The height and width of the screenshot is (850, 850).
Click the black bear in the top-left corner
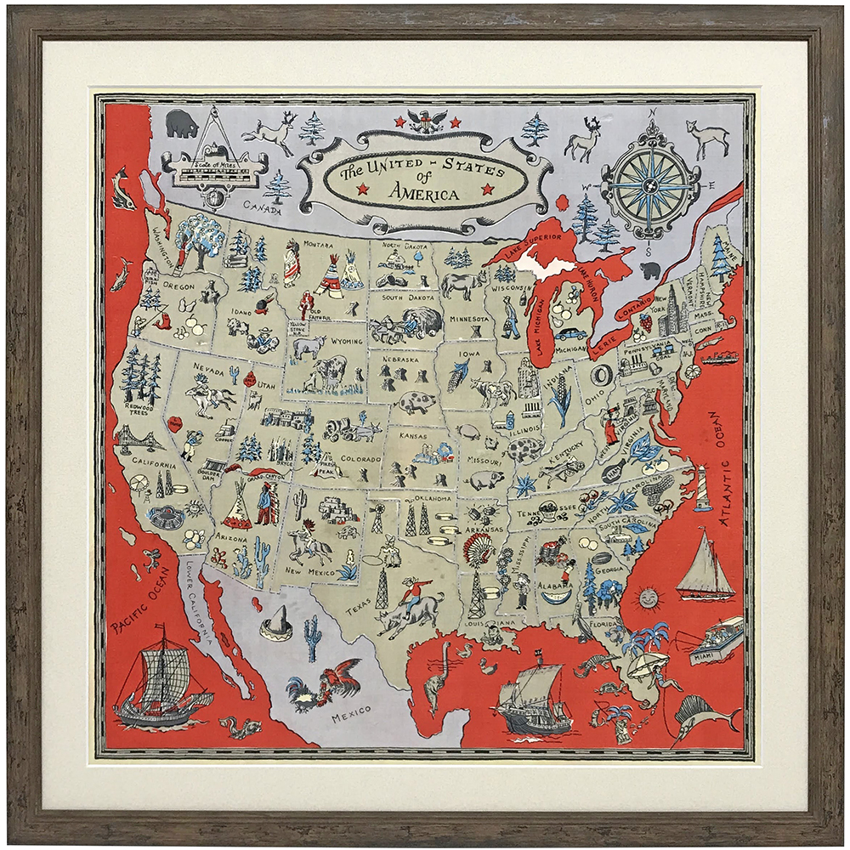181,123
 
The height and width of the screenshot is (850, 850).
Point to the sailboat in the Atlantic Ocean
705,564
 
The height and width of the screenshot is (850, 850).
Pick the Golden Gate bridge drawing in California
141,439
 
